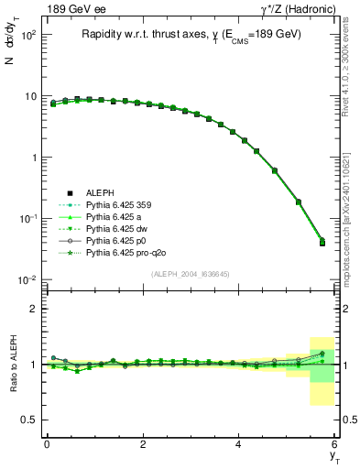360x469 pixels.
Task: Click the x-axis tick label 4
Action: pyautogui.click(x=239, y=443)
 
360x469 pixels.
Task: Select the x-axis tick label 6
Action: pyautogui.click(x=335, y=443)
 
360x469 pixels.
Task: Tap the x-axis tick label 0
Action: pyautogui.click(x=47, y=443)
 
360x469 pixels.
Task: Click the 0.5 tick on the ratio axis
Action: pyautogui.click(x=29, y=420)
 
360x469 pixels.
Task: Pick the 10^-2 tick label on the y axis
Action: pyautogui.click(x=26, y=279)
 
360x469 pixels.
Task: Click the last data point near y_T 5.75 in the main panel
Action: pyautogui.click(x=322, y=243)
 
